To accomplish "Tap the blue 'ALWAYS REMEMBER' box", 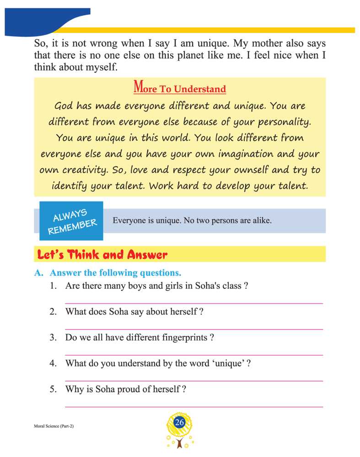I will coord(71,221).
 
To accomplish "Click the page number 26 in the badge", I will coord(179,423).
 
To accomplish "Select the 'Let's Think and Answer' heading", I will coord(102,255).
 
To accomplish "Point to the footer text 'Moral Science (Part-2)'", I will coord(54,426).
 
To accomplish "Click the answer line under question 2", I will coord(194,329).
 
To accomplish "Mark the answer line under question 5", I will coord(194,406).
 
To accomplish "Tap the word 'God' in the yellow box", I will coord(64,106).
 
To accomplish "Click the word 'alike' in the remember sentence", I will coord(261,220).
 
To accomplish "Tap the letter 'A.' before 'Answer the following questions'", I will coord(39,273).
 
